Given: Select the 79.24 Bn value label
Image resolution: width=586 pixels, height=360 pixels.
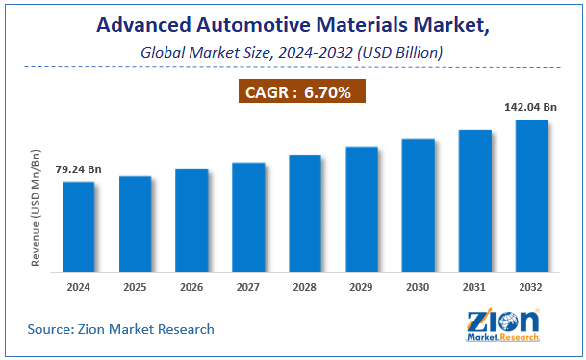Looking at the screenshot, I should [x=78, y=170].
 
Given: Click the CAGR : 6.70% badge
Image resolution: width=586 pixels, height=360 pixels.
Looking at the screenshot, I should [x=300, y=92].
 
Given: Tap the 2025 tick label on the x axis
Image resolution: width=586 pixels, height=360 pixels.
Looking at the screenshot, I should [x=135, y=287].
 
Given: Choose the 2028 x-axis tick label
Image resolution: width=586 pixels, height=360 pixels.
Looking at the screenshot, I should [x=305, y=287].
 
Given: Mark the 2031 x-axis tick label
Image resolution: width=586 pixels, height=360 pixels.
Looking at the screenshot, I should [x=474, y=287].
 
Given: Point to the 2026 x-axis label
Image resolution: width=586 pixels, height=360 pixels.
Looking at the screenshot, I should [x=191, y=287].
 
